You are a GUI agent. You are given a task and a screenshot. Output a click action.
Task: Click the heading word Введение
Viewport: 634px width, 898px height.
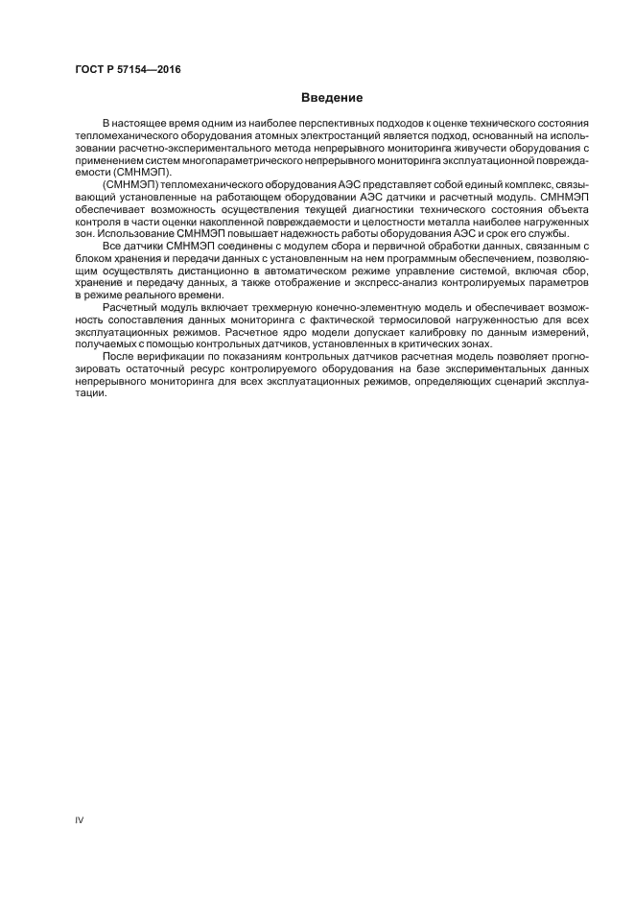point(331,97)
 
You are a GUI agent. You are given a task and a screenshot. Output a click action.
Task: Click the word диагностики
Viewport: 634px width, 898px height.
point(379,208)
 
